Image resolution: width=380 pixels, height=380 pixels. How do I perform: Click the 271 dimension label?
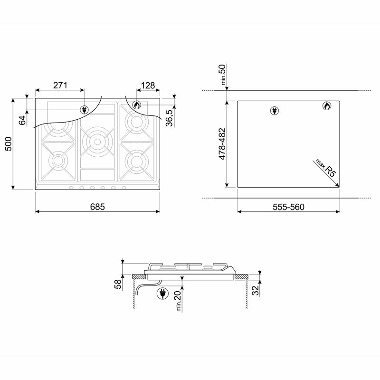pos(60,85)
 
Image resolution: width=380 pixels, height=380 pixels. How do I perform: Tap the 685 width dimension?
pos(97,207)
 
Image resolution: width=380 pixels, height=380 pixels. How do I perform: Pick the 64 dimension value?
pos(22,119)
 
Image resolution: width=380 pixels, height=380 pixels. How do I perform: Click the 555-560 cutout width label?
pos(288,207)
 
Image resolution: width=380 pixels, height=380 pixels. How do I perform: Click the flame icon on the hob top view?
pos(137,105)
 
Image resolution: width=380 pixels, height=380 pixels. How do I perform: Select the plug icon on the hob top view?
pos(85,110)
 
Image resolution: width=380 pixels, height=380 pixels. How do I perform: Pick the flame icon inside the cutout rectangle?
pos(327,106)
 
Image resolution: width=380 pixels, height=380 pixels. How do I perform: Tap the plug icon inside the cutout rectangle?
pos(274,111)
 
